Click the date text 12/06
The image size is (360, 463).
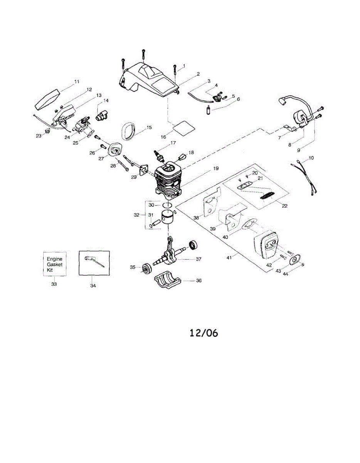[204, 333]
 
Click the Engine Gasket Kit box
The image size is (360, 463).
[54, 264]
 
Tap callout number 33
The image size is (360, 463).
[54, 284]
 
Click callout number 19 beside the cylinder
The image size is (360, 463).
[215, 169]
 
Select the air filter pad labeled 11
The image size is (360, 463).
[47, 98]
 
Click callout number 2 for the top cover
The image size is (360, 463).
[198, 74]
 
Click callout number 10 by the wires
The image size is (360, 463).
[311, 158]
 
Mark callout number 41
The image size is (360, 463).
[229, 257]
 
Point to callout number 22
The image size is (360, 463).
[284, 206]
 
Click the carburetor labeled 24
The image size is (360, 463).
[82, 126]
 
